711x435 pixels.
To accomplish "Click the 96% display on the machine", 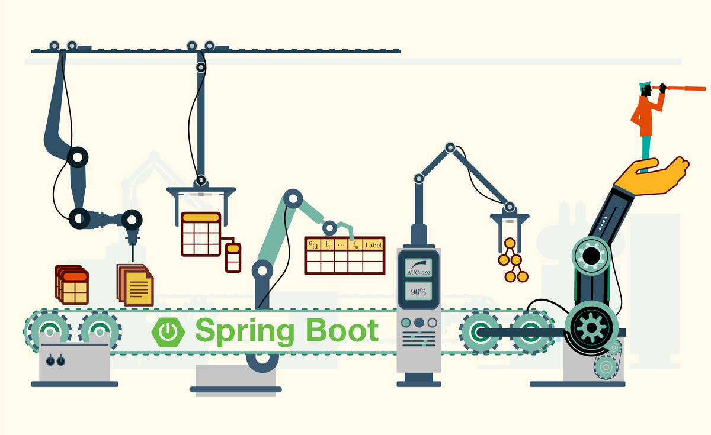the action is (419, 291).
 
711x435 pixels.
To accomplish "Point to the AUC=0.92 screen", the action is (419, 268).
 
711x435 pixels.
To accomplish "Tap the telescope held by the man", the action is (681, 89).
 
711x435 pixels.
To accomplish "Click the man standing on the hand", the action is (646, 118).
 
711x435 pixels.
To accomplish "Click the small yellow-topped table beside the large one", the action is (233, 257).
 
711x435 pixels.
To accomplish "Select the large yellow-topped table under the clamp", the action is (201, 234).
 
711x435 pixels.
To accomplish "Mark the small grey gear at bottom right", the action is (606, 367).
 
